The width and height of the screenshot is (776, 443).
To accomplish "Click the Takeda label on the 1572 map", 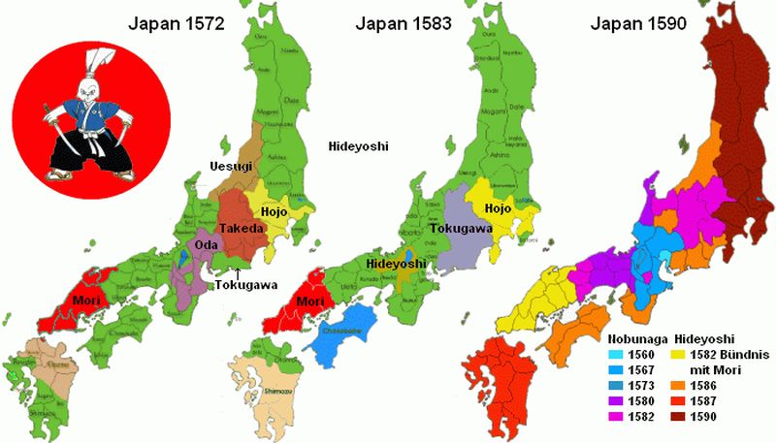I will [242, 228].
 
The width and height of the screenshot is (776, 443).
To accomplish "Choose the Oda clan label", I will [206, 245].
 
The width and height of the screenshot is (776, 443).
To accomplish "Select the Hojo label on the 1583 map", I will [497, 207].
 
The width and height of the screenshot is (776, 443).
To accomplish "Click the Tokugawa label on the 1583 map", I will [463, 230].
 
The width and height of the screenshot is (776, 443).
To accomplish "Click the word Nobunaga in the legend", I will [637, 340].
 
